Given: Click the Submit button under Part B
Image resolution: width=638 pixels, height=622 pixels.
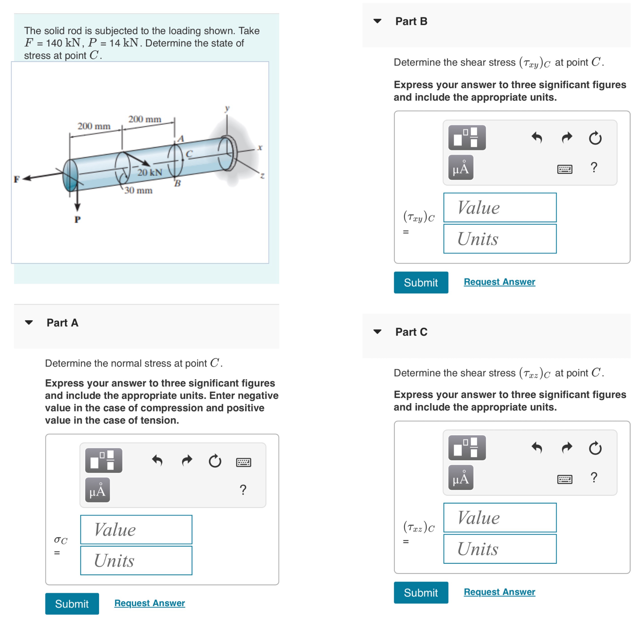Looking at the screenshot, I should pyautogui.click(x=421, y=282).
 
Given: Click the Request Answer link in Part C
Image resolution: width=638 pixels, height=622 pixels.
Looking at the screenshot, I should pyautogui.click(x=499, y=592).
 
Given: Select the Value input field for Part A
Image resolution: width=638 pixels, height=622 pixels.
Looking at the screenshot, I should pyautogui.click(x=136, y=529).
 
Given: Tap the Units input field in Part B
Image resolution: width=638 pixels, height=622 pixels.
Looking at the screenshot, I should pyautogui.click(x=500, y=239).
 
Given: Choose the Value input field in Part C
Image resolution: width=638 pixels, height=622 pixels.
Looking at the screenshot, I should pyautogui.click(x=500, y=518).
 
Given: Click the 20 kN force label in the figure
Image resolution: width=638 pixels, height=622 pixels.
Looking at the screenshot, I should pyautogui.click(x=150, y=172).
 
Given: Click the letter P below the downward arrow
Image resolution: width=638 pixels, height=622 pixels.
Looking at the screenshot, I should pyautogui.click(x=77, y=219).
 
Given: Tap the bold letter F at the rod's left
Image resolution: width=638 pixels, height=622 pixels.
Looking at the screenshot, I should pyautogui.click(x=17, y=179).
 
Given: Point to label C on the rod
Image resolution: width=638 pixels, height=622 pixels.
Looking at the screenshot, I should pyautogui.click(x=189, y=154).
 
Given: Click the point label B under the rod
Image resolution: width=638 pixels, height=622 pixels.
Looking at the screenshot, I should pyautogui.click(x=177, y=183).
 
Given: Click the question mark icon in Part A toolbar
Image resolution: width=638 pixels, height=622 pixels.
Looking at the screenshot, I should pyautogui.click(x=243, y=489).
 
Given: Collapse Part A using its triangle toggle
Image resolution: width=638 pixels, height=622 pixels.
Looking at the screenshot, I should pyautogui.click(x=29, y=322).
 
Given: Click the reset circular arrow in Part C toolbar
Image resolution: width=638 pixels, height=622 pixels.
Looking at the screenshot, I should pyautogui.click(x=595, y=448).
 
